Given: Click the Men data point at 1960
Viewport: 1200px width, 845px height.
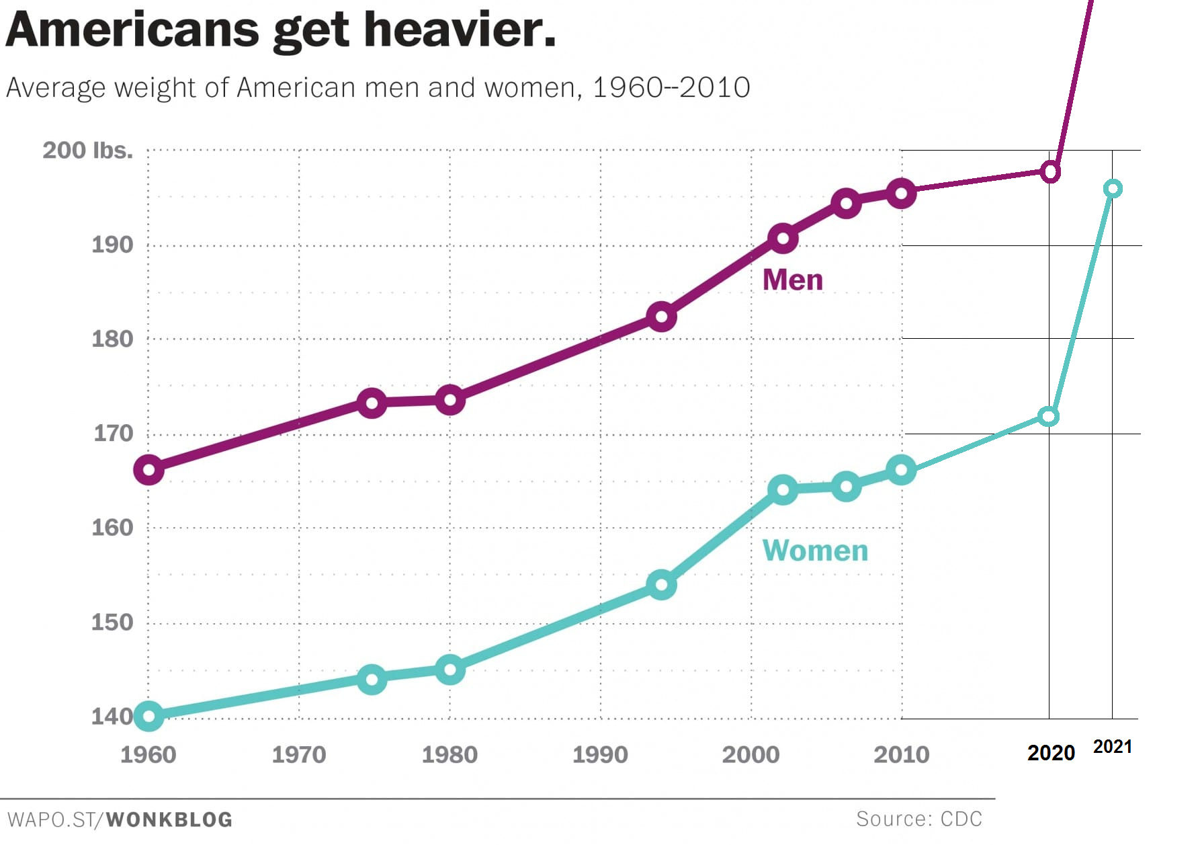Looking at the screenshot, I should click(148, 470).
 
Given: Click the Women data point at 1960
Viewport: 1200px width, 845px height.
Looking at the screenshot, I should click(148, 717).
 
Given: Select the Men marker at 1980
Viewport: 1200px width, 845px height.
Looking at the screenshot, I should click(449, 401).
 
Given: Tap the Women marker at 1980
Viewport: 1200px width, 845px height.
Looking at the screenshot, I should click(449, 670).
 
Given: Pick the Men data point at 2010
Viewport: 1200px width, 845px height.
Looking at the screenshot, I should click(901, 194).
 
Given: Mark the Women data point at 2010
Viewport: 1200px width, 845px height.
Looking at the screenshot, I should click(901, 470).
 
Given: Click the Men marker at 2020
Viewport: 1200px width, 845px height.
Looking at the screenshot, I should click(1050, 172).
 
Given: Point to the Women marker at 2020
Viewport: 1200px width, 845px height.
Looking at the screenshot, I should click(1048, 417).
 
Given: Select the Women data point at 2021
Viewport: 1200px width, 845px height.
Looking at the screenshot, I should click(1113, 189).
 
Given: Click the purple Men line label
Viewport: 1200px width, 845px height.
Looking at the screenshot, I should click(793, 280).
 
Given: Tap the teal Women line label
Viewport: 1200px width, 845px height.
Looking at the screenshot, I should click(815, 551).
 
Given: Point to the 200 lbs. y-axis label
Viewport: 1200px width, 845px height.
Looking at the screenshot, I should click(88, 150).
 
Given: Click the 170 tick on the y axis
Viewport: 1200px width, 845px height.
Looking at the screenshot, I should click(113, 434).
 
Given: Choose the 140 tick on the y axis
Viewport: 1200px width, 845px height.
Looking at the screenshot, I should click(112, 717).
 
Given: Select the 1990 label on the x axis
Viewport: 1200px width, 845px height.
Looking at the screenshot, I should click(600, 754).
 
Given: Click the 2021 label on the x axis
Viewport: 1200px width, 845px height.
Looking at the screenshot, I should click(1113, 747).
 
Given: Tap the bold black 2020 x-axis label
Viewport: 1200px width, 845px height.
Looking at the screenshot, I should click(1051, 753).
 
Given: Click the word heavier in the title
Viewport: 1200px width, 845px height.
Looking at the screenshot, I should click(460, 30).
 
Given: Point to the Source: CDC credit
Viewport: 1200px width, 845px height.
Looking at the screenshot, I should click(919, 819).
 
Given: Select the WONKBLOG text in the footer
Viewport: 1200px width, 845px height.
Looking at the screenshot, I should click(169, 819).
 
